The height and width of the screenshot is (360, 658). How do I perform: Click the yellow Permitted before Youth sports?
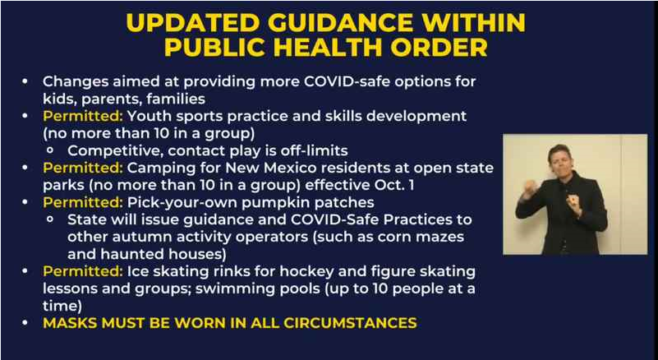click(83, 116)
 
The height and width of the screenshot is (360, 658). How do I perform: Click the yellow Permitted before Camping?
click(83, 168)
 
